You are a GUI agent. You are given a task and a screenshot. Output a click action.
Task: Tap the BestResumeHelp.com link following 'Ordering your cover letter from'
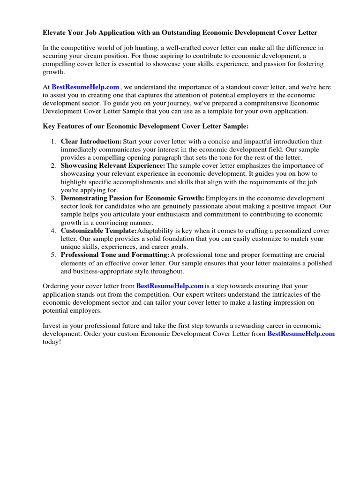(170, 286)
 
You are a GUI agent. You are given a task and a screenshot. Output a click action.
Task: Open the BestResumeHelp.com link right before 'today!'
(301, 334)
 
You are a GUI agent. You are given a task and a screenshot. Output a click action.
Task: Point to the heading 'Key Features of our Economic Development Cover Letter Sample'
(146, 127)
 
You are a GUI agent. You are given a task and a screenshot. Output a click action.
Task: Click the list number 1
(53, 142)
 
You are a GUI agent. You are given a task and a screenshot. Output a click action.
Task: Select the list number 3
(53, 198)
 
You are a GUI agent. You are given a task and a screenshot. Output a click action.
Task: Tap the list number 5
(53, 255)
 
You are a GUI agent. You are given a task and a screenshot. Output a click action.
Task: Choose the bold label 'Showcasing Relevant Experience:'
(113, 166)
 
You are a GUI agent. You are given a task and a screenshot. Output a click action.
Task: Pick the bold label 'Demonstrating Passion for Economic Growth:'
(132, 198)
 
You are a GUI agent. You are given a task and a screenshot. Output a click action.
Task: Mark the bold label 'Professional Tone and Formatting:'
(115, 255)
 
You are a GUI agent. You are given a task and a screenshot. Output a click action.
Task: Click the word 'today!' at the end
(52, 342)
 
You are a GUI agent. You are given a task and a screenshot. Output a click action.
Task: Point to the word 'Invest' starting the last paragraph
(52, 326)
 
